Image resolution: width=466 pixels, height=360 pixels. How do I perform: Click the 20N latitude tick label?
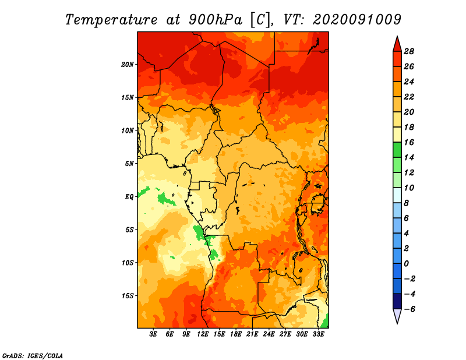127,65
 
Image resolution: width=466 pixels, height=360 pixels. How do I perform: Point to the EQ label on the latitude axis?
129,197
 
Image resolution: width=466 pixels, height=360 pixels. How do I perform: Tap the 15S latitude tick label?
128,296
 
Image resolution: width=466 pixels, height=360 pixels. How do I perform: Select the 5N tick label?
129,164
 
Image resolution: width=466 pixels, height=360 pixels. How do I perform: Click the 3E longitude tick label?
153,334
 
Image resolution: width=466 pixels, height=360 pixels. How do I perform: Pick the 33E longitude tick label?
318,334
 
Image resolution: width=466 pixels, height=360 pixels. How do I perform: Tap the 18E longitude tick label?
236,334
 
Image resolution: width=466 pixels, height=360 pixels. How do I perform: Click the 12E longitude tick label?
203,334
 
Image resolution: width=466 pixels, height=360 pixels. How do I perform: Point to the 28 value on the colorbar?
409,51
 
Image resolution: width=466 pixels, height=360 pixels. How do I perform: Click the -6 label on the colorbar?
409,309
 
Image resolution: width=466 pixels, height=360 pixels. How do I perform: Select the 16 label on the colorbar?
409,142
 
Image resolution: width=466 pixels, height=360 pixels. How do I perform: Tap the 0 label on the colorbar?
406,264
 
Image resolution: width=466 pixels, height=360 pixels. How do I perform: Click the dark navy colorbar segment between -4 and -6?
397,301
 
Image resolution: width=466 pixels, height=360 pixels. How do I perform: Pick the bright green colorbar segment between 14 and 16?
397,150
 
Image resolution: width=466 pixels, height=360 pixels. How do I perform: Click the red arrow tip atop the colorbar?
397,36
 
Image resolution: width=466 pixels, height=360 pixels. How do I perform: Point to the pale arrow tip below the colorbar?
397,323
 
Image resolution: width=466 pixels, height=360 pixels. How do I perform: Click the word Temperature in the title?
111,20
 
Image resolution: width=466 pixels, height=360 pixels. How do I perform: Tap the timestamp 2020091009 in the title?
357,20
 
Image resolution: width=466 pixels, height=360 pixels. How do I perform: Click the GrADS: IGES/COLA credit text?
33,355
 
